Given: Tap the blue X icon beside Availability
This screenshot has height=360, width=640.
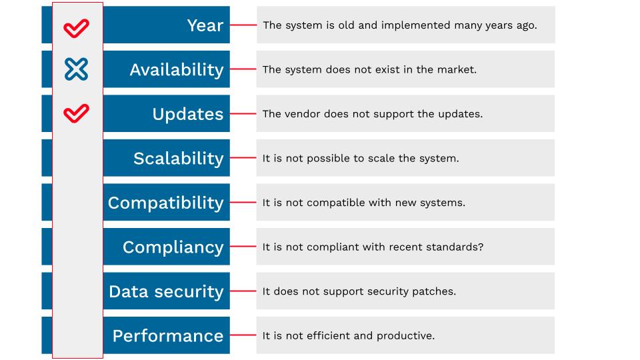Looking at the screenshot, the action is pos(76,69).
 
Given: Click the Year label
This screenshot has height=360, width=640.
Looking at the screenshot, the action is pos(205,25).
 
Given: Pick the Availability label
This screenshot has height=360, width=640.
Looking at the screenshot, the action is pos(177,70).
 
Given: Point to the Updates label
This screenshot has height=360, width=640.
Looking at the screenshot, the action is pos(188,114).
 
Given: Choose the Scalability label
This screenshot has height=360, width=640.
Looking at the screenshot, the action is pos(179,159).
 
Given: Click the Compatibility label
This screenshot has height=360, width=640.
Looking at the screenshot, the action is pos(166,203).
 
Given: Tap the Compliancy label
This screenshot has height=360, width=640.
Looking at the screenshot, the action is pos(173,247).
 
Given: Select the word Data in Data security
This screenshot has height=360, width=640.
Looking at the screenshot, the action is pos(129,291).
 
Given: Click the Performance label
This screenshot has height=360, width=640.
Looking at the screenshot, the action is pos(168,336).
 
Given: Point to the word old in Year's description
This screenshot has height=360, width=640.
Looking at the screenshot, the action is pos(346,25).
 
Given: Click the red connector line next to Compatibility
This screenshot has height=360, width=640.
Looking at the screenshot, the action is pos(243,202).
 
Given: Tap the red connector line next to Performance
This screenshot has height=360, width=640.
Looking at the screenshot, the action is pos(243,335).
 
